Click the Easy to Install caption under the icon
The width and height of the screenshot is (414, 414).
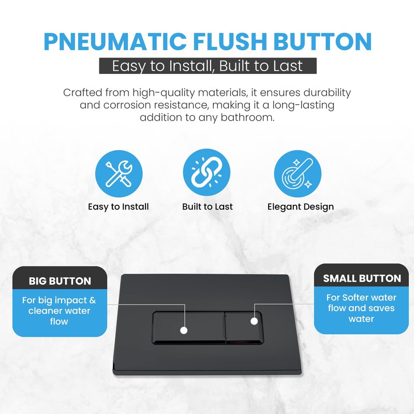coord(119,206)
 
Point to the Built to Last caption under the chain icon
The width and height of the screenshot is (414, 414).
coord(207,206)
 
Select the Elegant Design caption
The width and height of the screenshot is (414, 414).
coord(300,206)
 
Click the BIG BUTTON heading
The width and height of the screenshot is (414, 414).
coord(60,282)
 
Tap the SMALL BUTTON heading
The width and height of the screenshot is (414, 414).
coord(362,278)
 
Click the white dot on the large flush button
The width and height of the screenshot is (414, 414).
coord(183,330)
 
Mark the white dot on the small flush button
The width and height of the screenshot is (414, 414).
coord(254,321)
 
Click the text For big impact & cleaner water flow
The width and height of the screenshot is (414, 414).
coord(60,310)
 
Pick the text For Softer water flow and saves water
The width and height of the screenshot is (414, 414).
coord(361,308)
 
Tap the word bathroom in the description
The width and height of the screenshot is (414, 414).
coord(247,118)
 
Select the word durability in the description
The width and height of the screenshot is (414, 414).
coord(324,93)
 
